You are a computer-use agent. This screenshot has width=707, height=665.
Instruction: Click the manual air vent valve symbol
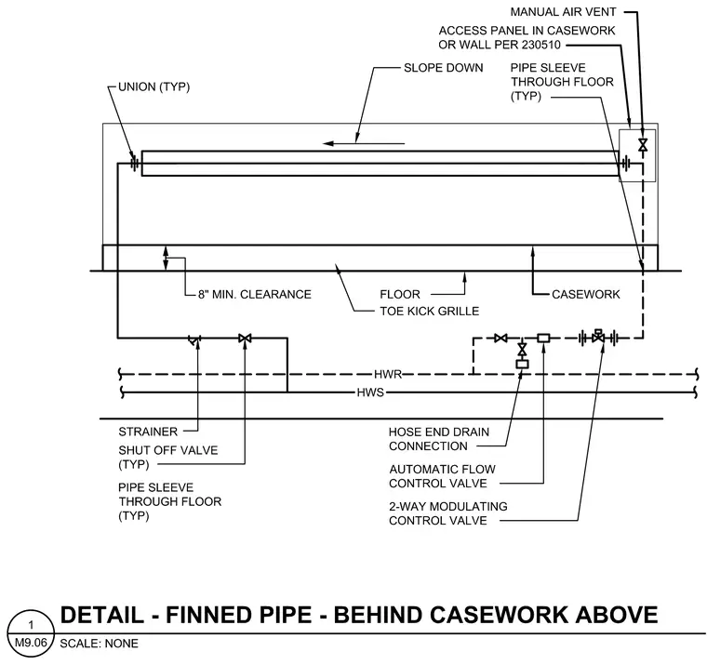643,145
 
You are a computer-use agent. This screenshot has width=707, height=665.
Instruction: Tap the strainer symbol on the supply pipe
194,339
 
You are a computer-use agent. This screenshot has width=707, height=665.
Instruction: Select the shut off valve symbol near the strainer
245,338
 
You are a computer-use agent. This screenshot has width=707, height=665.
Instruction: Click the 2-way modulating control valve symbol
598,336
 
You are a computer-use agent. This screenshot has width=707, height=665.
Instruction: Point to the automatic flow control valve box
543,338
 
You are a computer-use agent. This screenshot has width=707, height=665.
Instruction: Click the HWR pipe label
387,374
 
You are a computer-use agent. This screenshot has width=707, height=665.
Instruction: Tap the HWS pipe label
370,392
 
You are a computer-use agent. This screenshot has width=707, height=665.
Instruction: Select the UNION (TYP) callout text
153,86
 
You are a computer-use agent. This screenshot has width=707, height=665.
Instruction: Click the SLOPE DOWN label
443,68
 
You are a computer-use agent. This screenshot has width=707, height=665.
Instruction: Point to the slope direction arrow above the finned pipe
364,143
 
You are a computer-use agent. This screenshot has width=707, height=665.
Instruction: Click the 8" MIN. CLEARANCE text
255,295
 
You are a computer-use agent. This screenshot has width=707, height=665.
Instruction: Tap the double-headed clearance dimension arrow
166,258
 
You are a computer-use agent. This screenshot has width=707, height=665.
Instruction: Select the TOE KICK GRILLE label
429,311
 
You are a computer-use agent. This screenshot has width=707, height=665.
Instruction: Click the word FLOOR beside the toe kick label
399,295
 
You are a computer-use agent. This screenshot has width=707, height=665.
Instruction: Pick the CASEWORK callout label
586,295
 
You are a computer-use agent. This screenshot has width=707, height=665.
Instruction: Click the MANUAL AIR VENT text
563,12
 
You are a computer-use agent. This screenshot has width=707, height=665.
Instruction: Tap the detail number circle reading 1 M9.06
31,633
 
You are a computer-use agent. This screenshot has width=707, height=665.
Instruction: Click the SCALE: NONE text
99,644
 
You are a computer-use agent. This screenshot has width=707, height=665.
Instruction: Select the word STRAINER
148,432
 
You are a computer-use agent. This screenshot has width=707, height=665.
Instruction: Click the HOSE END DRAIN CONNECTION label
439,439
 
